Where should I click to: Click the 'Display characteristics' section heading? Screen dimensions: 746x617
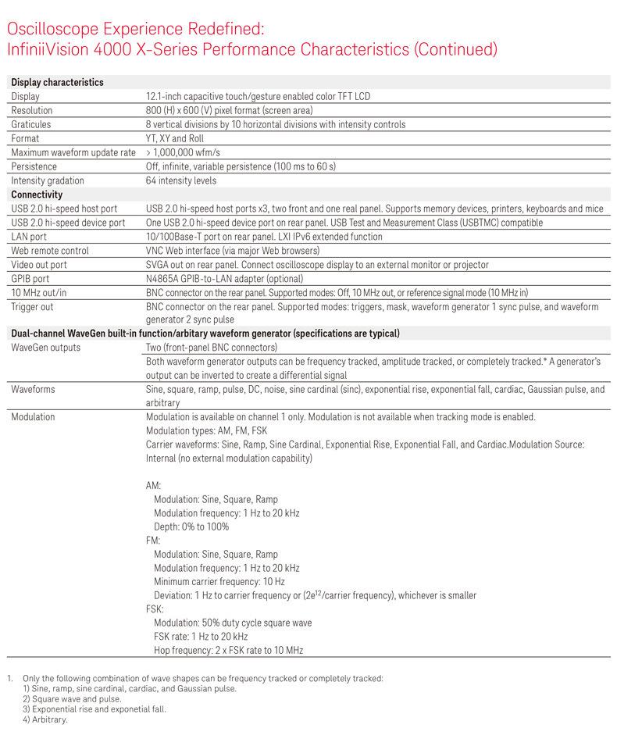coord(57,82)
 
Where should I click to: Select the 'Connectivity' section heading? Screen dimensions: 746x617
coord(37,195)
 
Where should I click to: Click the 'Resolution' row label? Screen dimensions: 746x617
coord(32,110)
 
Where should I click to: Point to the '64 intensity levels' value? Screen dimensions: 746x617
coord(184,180)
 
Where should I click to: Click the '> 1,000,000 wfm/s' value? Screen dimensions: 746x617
coord(184,152)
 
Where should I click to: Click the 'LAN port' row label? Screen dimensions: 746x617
coord(29,237)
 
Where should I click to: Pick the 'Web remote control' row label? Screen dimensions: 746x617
coord(50,251)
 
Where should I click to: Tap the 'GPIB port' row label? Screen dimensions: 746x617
coord(30,279)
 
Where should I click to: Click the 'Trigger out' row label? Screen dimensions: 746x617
coord(33,307)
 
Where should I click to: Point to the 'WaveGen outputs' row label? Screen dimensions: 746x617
coord(45,347)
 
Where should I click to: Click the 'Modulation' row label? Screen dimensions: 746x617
coord(33,416)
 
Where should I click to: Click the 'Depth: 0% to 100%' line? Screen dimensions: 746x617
coord(191,526)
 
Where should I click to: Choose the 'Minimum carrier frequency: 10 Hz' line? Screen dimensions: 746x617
coord(219,581)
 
